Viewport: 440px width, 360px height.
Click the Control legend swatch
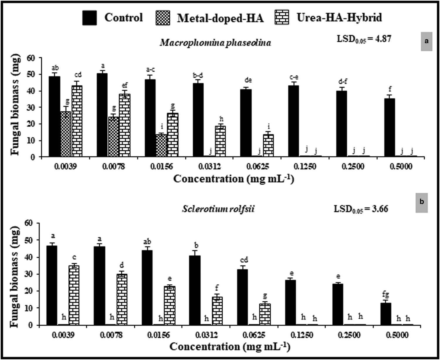click(x=89, y=18)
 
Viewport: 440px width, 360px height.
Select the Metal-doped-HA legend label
click(x=220, y=18)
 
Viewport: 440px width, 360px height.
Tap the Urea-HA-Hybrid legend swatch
click(x=282, y=17)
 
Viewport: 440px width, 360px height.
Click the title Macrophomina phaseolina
click(x=215, y=43)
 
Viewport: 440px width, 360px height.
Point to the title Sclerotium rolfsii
click(x=218, y=209)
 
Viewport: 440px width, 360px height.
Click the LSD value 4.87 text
click(x=364, y=39)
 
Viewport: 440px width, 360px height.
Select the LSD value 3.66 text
click(x=361, y=209)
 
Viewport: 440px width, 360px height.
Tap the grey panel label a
click(x=427, y=41)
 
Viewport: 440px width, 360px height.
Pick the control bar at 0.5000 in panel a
click(x=390, y=128)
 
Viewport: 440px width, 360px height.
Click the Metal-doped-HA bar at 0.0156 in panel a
click(x=161, y=146)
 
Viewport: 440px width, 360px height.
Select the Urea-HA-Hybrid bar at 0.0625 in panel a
click(x=268, y=146)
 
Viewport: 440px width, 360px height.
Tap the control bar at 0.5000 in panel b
click(x=386, y=314)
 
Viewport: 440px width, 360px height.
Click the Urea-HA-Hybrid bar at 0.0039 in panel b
click(x=74, y=295)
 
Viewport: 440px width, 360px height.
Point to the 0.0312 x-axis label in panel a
click(x=210, y=167)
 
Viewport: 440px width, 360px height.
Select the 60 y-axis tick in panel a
click(x=31, y=58)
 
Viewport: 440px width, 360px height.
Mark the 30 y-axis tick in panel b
click(x=31, y=274)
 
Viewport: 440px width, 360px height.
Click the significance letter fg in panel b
click(x=385, y=295)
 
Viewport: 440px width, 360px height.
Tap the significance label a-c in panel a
click(x=150, y=70)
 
